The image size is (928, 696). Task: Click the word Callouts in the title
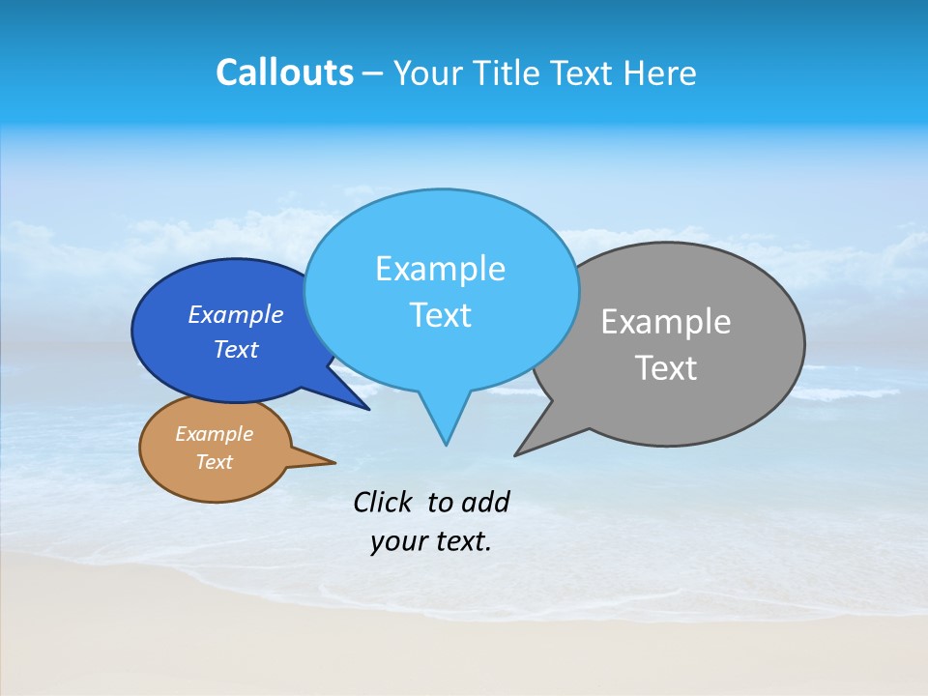[x=284, y=73]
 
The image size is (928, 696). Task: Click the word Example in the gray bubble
[x=666, y=322]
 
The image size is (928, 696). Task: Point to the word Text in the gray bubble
[x=666, y=368]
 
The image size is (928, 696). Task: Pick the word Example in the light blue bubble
[x=440, y=269]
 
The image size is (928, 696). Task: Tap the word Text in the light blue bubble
[x=440, y=315]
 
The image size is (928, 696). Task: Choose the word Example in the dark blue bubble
[x=236, y=315]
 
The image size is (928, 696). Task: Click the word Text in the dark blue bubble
[x=236, y=350]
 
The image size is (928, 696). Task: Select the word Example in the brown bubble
[x=214, y=435]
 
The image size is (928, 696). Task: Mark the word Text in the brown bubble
[x=214, y=462]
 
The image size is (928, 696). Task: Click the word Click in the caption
[x=382, y=502]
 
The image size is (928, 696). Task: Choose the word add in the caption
[x=484, y=502]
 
